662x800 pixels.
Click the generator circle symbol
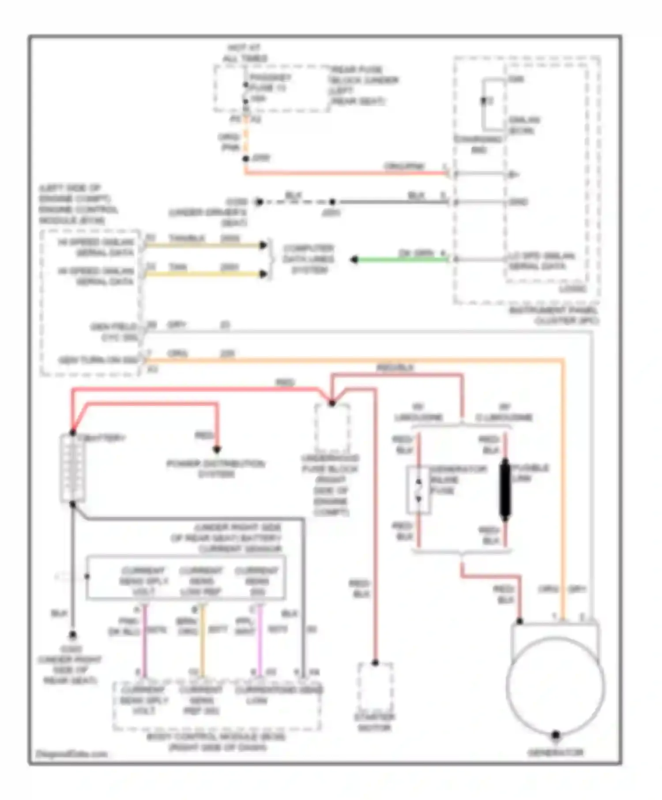click(x=556, y=686)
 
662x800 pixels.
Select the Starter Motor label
click(x=375, y=722)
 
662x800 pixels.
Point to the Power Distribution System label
click(x=216, y=469)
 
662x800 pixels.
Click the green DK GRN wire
click(x=402, y=260)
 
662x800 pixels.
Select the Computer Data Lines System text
click(x=308, y=259)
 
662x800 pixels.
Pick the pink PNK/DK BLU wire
click(x=144, y=639)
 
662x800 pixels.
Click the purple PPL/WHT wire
click(x=260, y=639)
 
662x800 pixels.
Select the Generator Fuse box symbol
click(x=418, y=490)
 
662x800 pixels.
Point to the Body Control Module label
click(x=217, y=742)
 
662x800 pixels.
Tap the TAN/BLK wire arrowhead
click(x=263, y=245)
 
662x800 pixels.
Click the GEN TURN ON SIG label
click(x=98, y=360)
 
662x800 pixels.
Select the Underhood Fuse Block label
click(x=331, y=485)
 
